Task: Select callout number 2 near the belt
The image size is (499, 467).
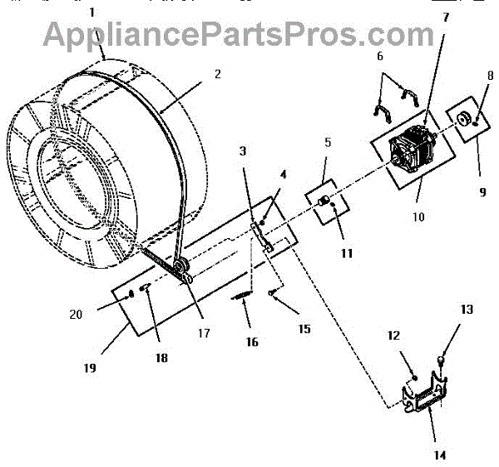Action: (217, 73)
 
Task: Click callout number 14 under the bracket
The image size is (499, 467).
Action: (439, 455)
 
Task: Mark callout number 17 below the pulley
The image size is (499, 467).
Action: (204, 334)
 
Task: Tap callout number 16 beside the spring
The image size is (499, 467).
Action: (253, 342)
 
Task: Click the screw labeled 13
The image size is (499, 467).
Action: (442, 360)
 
